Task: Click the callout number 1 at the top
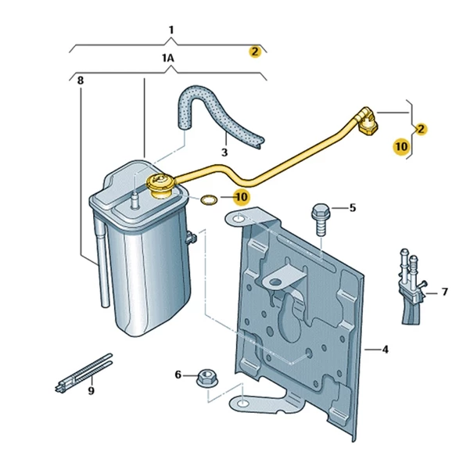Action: (x=171, y=30)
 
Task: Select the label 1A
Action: (x=168, y=58)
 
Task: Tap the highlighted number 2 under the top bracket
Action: (x=255, y=52)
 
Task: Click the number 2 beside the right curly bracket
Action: (x=421, y=129)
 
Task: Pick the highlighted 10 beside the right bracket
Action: (x=401, y=146)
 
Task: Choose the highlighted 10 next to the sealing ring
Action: (x=242, y=197)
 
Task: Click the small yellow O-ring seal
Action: (x=209, y=199)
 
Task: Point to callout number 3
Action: (x=224, y=153)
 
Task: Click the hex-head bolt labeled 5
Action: (x=321, y=219)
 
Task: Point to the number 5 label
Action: (x=353, y=208)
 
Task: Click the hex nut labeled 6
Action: (x=207, y=378)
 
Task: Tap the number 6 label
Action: (x=178, y=375)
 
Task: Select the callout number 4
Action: (x=385, y=350)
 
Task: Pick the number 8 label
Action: (x=81, y=81)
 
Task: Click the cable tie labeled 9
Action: (x=84, y=373)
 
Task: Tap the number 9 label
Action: (x=92, y=391)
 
